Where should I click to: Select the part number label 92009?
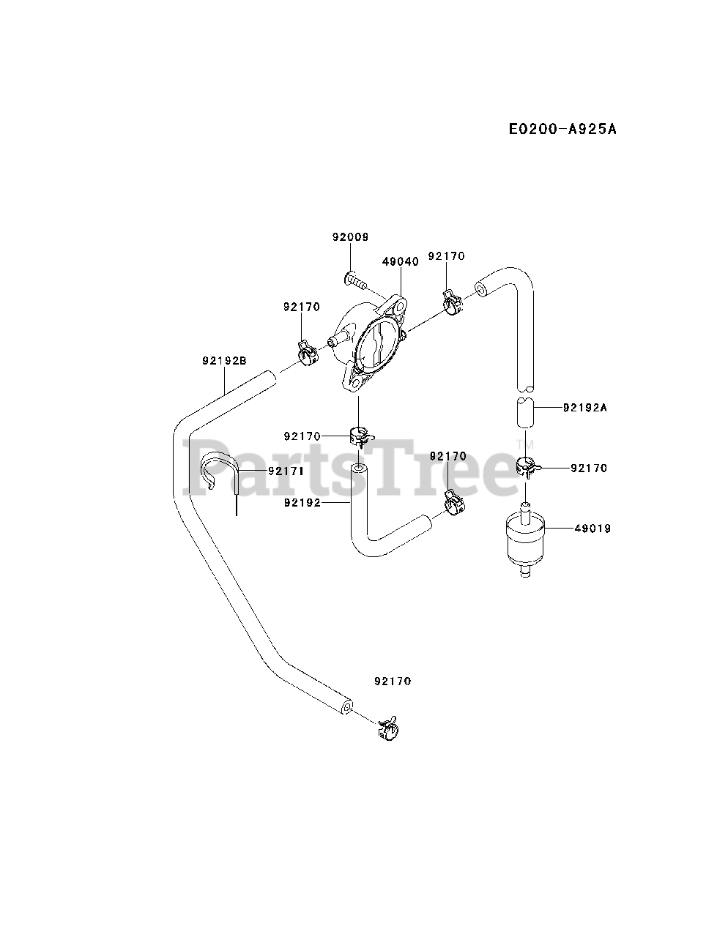click(350, 237)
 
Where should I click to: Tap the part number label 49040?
click(400, 261)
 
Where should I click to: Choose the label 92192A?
click(585, 408)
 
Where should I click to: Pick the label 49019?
click(592, 528)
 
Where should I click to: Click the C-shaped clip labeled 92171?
click(220, 472)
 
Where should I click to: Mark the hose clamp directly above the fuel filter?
click(527, 466)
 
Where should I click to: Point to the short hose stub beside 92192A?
click(526, 414)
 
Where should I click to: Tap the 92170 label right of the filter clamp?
click(589, 468)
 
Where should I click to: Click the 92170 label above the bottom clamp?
click(393, 681)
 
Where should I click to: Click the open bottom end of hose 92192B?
click(347, 706)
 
